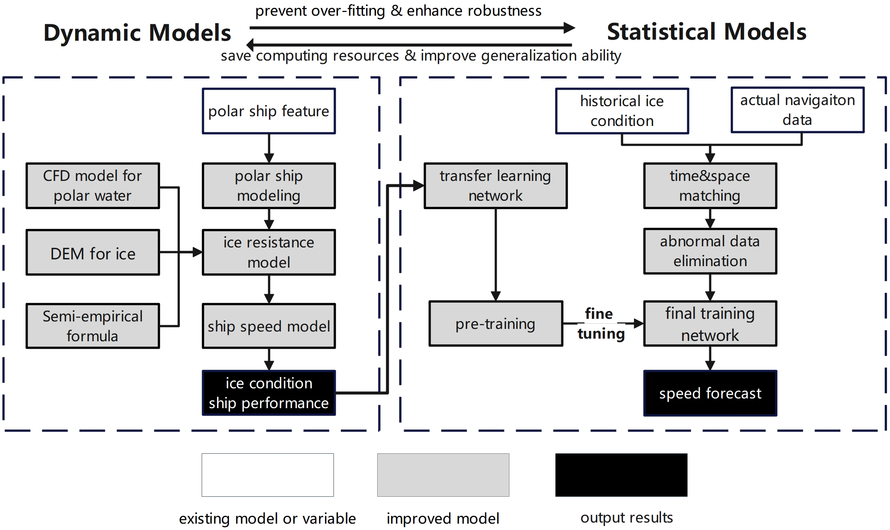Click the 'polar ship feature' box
pyautogui.click(x=269, y=111)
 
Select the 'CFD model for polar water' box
pyautogui.click(x=93, y=186)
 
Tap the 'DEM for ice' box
pyautogui.click(x=93, y=253)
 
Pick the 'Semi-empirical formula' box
pyautogui.click(x=93, y=326)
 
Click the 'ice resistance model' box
pyautogui.click(x=269, y=252)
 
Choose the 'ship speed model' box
pyautogui.click(x=269, y=326)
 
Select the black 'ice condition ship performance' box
pyautogui.click(x=269, y=393)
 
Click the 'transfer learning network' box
pyautogui.click(x=495, y=186)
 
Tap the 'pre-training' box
pyautogui.click(x=495, y=324)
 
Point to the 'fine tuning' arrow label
pyautogui.click(x=600, y=324)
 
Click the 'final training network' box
pyautogui.click(x=710, y=324)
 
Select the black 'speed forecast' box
pyautogui.click(x=710, y=393)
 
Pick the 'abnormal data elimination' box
pyautogui.click(x=710, y=251)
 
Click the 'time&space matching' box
pyautogui.click(x=710, y=186)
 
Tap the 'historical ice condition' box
pyautogui.click(x=621, y=111)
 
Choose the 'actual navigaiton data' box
pyautogui.click(x=797, y=110)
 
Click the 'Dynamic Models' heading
pyautogui.click(x=137, y=33)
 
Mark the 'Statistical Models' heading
pyautogui.click(x=706, y=32)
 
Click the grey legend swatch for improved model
pyautogui.click(x=443, y=475)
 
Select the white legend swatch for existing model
pyautogui.click(x=267, y=475)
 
